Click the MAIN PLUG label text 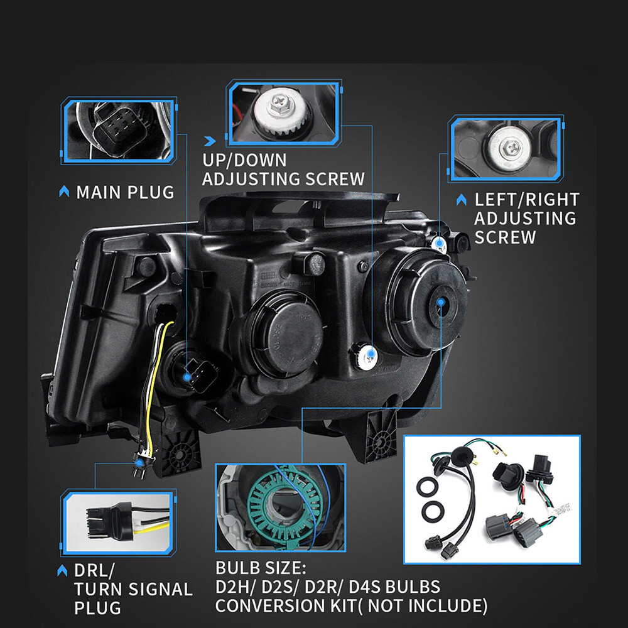click(x=124, y=192)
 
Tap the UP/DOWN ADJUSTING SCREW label click(x=283, y=169)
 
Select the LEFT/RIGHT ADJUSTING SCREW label click(x=526, y=218)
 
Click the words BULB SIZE click(x=261, y=569)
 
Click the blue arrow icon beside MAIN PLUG click(x=63, y=192)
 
